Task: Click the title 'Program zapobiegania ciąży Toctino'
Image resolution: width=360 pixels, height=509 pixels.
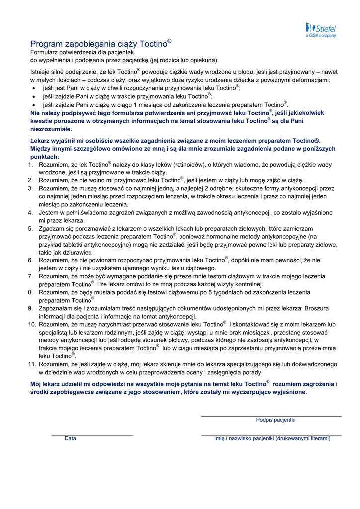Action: [x=100, y=43]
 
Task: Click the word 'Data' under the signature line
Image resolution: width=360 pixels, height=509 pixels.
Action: [x=70, y=438]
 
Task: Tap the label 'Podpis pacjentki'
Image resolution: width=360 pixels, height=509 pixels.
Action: [x=275, y=420]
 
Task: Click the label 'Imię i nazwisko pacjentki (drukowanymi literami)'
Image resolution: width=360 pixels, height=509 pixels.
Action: [x=272, y=438]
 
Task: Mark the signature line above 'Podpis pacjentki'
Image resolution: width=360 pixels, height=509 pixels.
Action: [x=271, y=416]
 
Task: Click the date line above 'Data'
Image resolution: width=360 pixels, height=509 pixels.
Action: [x=92, y=435]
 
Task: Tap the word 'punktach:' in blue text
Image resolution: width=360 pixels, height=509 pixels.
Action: [x=44, y=157]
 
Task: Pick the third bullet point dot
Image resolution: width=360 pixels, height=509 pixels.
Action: [x=33, y=106]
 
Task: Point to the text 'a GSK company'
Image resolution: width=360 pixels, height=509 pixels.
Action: [x=321, y=36]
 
